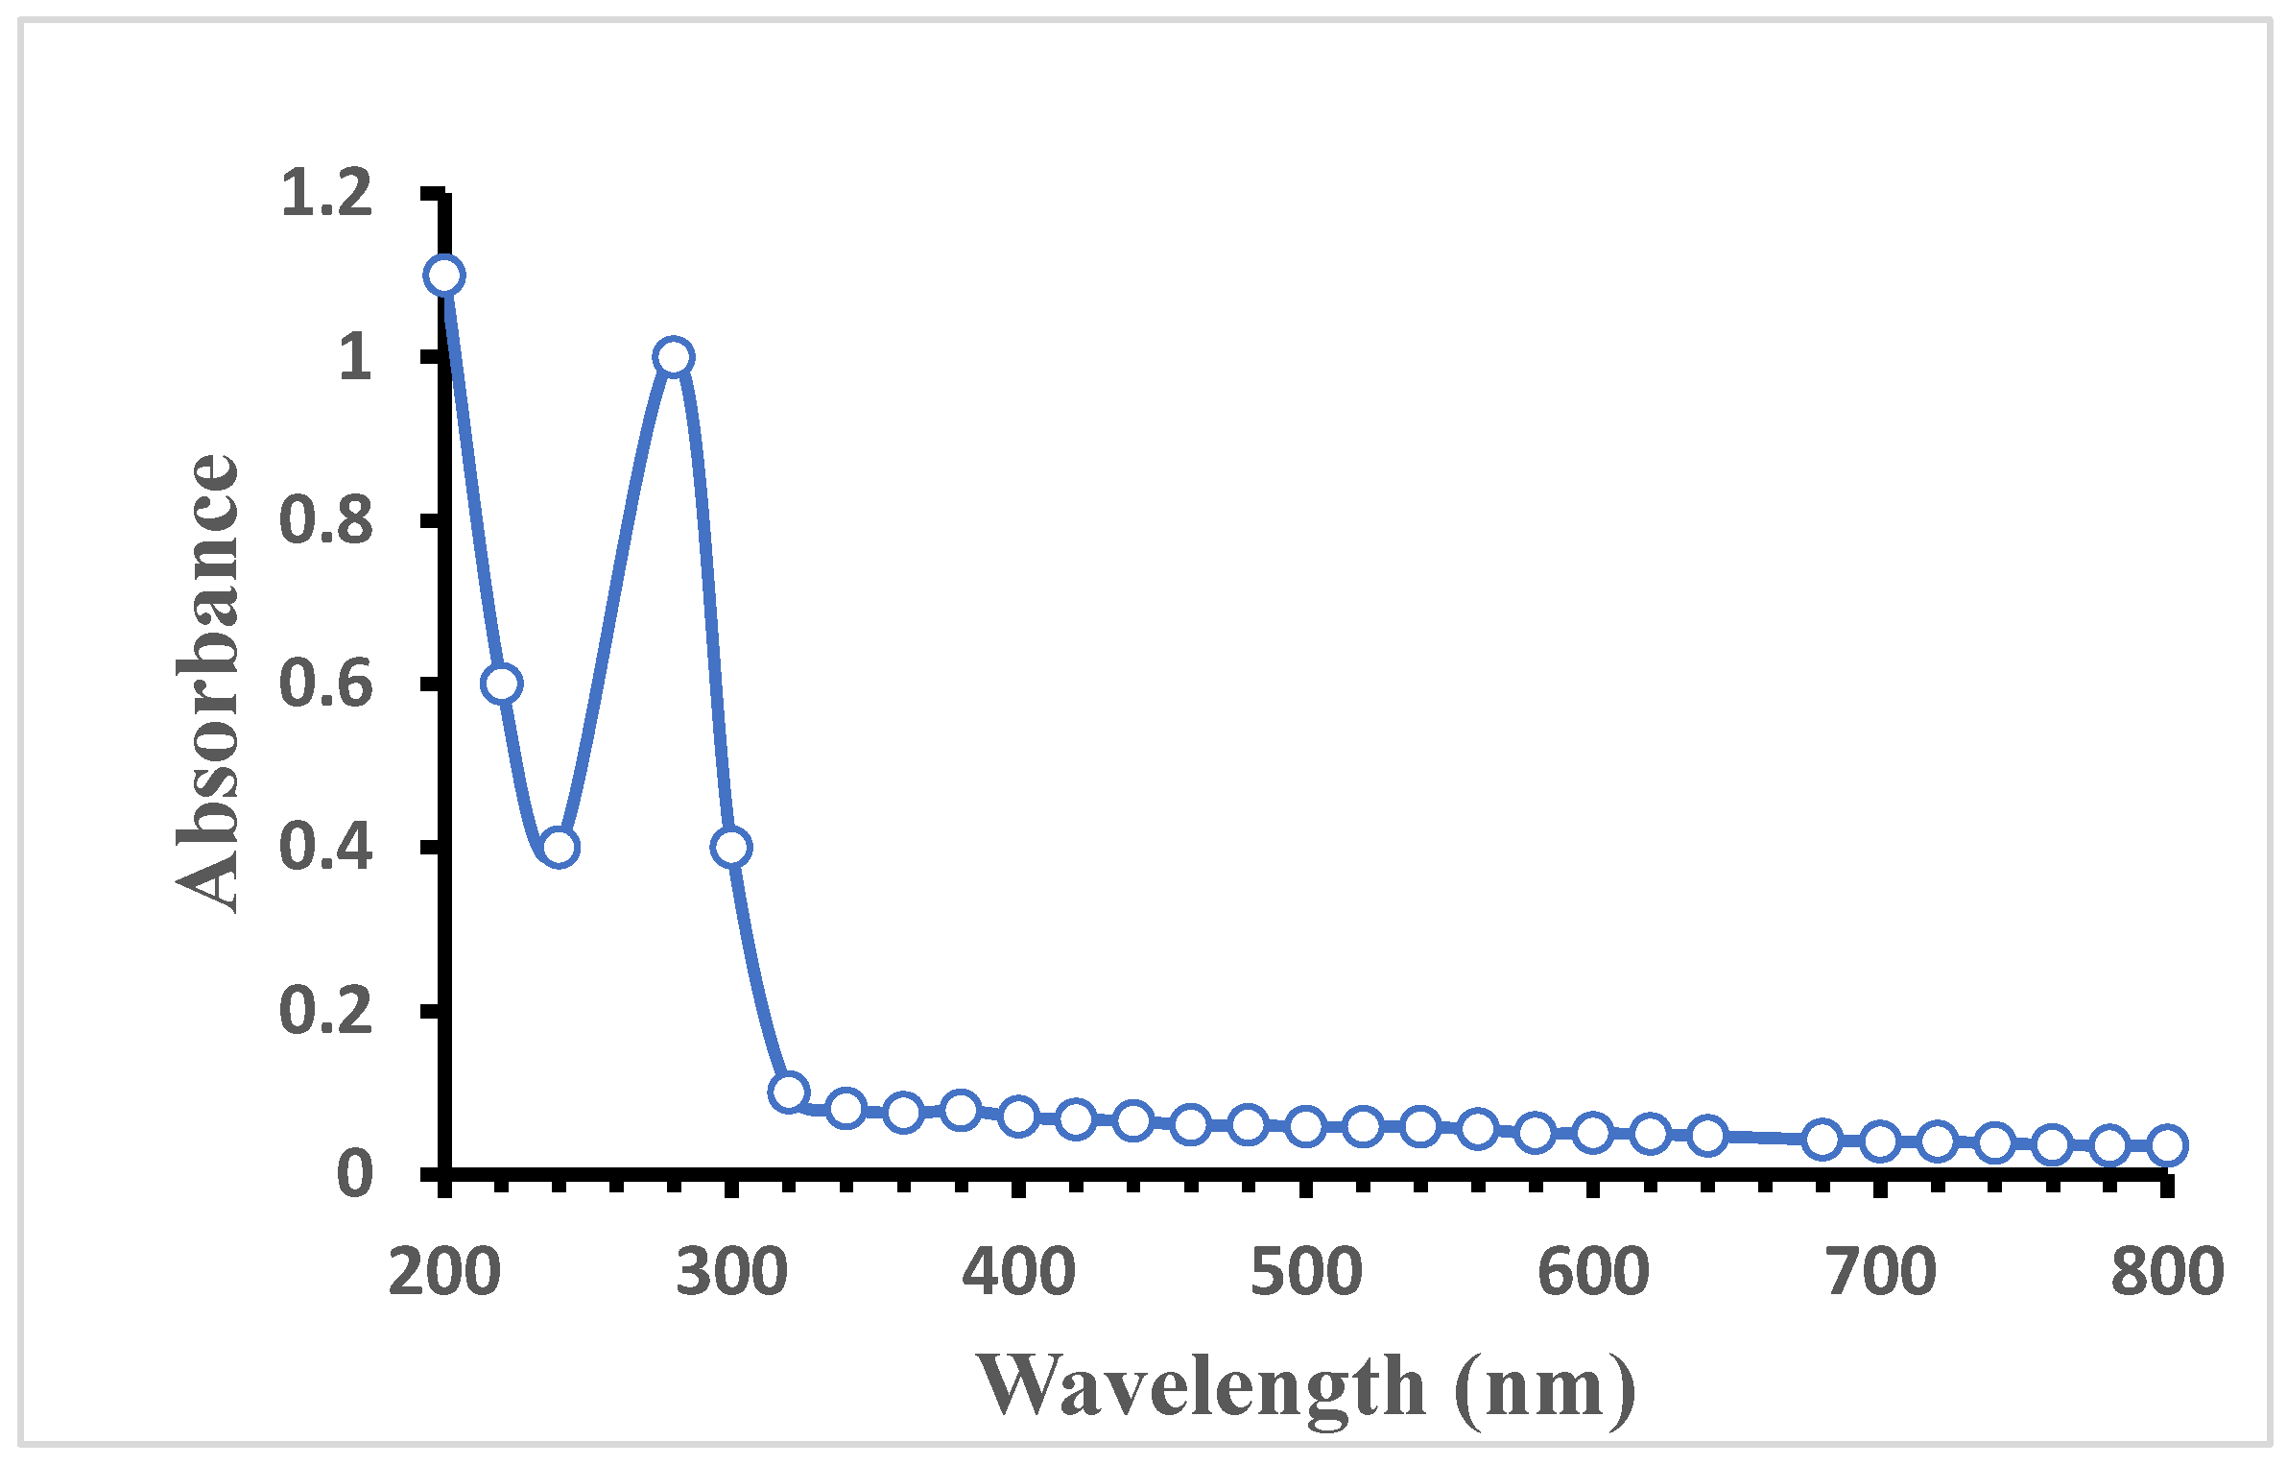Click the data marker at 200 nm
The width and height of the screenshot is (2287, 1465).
443,276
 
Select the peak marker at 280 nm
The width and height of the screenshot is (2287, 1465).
674,357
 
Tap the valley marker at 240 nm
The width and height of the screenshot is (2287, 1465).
559,847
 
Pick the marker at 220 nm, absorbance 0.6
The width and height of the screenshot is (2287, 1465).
502,684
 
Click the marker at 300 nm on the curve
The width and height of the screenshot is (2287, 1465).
731,847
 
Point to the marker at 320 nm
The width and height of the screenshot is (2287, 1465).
788,1092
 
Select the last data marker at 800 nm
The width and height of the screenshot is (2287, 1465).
2167,1144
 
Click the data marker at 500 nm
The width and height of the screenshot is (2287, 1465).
1305,1125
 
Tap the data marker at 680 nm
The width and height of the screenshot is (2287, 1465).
1822,1140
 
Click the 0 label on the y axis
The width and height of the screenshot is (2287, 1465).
355,1173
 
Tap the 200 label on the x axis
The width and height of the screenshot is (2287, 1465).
444,1273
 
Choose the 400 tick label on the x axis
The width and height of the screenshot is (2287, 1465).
1018,1273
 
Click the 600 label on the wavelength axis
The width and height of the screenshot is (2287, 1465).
1593,1273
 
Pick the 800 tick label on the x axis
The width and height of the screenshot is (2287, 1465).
2167,1273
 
